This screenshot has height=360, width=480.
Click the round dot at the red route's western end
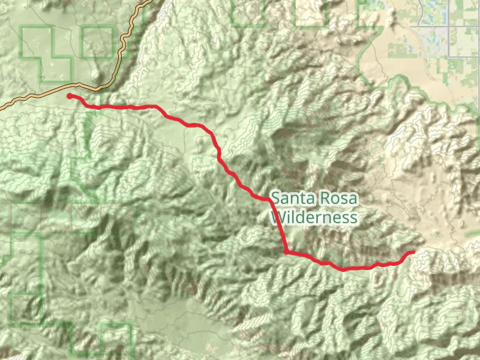coord(70,96)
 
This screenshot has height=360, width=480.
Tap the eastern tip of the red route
coord(413,253)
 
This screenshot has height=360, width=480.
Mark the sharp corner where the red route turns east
coord(287,252)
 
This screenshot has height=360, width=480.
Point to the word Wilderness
coord(314,217)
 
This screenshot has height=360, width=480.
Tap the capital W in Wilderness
coord(278,217)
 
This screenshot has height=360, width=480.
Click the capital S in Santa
coord(275,197)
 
